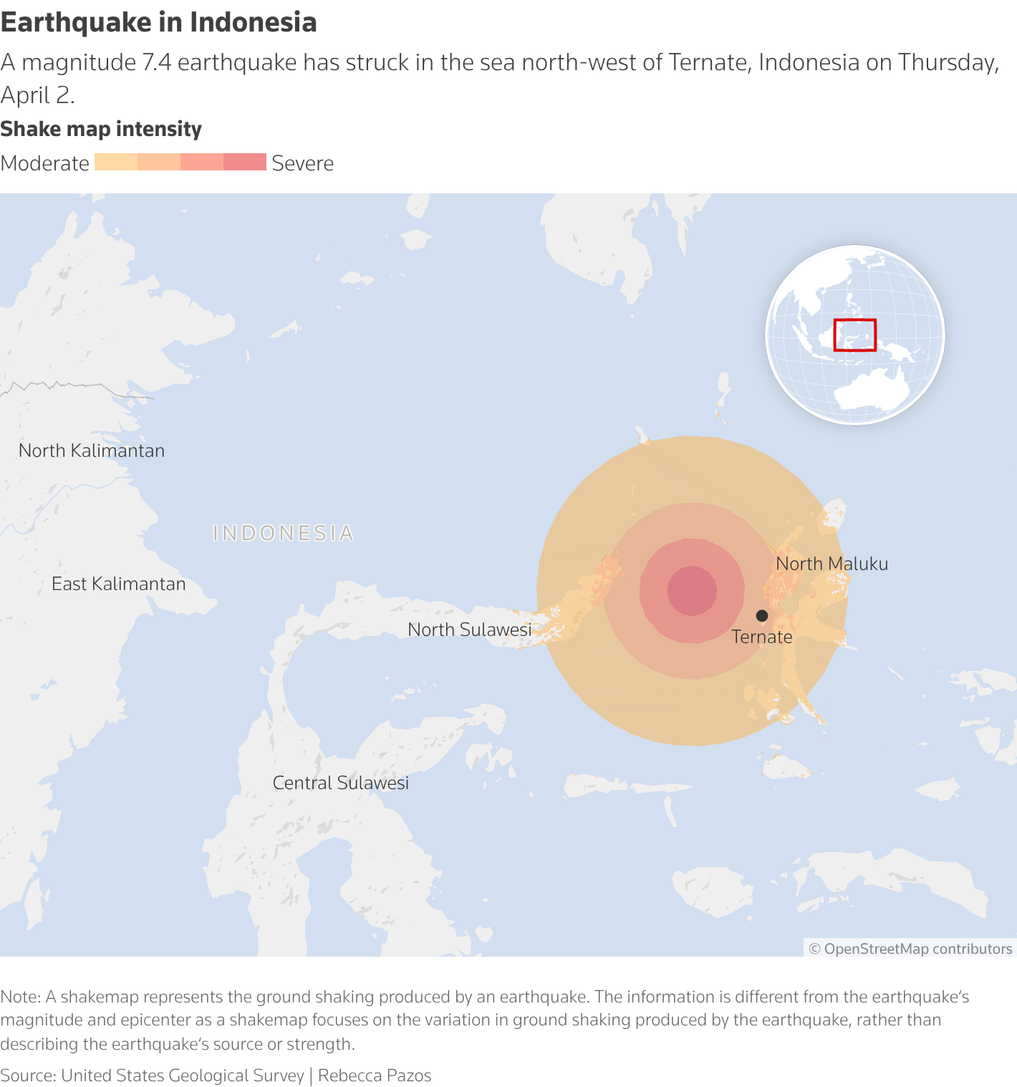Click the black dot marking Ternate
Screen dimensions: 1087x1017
point(762,616)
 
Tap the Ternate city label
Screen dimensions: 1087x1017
point(761,637)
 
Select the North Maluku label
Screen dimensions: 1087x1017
point(832,564)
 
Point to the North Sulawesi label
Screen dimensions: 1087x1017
point(469,629)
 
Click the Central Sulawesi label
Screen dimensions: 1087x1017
point(340,783)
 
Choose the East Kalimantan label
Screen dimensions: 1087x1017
point(118,584)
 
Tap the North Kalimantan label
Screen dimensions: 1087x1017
point(92,450)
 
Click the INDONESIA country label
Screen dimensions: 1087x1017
point(284,533)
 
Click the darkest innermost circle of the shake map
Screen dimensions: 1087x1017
point(692,591)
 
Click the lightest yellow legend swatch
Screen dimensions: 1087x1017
point(115,162)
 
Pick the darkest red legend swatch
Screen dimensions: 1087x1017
point(244,162)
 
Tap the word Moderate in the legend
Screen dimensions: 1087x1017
point(45,163)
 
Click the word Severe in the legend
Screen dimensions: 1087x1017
point(302,163)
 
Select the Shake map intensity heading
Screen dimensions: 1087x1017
point(101,129)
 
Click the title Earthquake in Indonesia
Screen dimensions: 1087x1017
point(158,22)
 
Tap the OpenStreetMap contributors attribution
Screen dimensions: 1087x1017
point(910,949)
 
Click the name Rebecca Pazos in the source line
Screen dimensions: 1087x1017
point(375,1076)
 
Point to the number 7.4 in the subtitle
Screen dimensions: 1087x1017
point(156,62)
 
